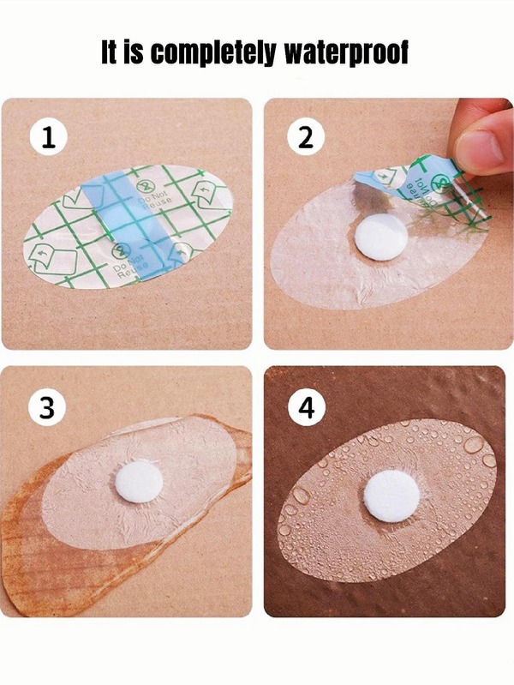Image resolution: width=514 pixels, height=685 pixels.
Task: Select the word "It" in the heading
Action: point(108,52)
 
